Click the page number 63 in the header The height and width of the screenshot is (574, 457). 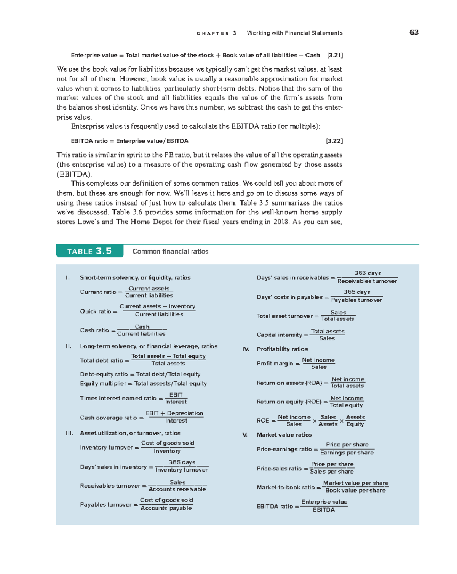coord(414,32)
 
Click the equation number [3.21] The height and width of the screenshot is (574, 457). coord(335,55)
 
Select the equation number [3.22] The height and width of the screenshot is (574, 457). coord(334,141)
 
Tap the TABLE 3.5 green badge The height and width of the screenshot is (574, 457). coord(89,251)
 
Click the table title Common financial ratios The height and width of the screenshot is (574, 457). coord(170,251)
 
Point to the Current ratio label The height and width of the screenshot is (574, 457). coord(98,292)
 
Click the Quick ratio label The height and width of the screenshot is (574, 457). coord(96,311)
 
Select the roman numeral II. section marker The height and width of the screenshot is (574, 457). coord(69,346)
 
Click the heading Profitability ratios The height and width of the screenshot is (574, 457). coord(282,349)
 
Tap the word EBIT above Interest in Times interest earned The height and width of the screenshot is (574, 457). coord(176,395)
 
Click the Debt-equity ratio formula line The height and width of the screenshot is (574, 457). coord(140,374)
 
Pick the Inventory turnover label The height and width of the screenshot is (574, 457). coord(107,448)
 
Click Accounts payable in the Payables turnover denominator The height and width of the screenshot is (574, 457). coord(166,508)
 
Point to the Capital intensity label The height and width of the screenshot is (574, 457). coord(280,335)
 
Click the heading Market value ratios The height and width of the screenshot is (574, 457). coord(284,435)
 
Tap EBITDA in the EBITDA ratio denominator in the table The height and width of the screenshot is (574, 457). coord(324,510)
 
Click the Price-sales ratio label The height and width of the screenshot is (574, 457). coord(279,469)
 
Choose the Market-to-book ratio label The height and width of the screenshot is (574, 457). coord(286,487)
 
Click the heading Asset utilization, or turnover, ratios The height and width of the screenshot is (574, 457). coord(130,433)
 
